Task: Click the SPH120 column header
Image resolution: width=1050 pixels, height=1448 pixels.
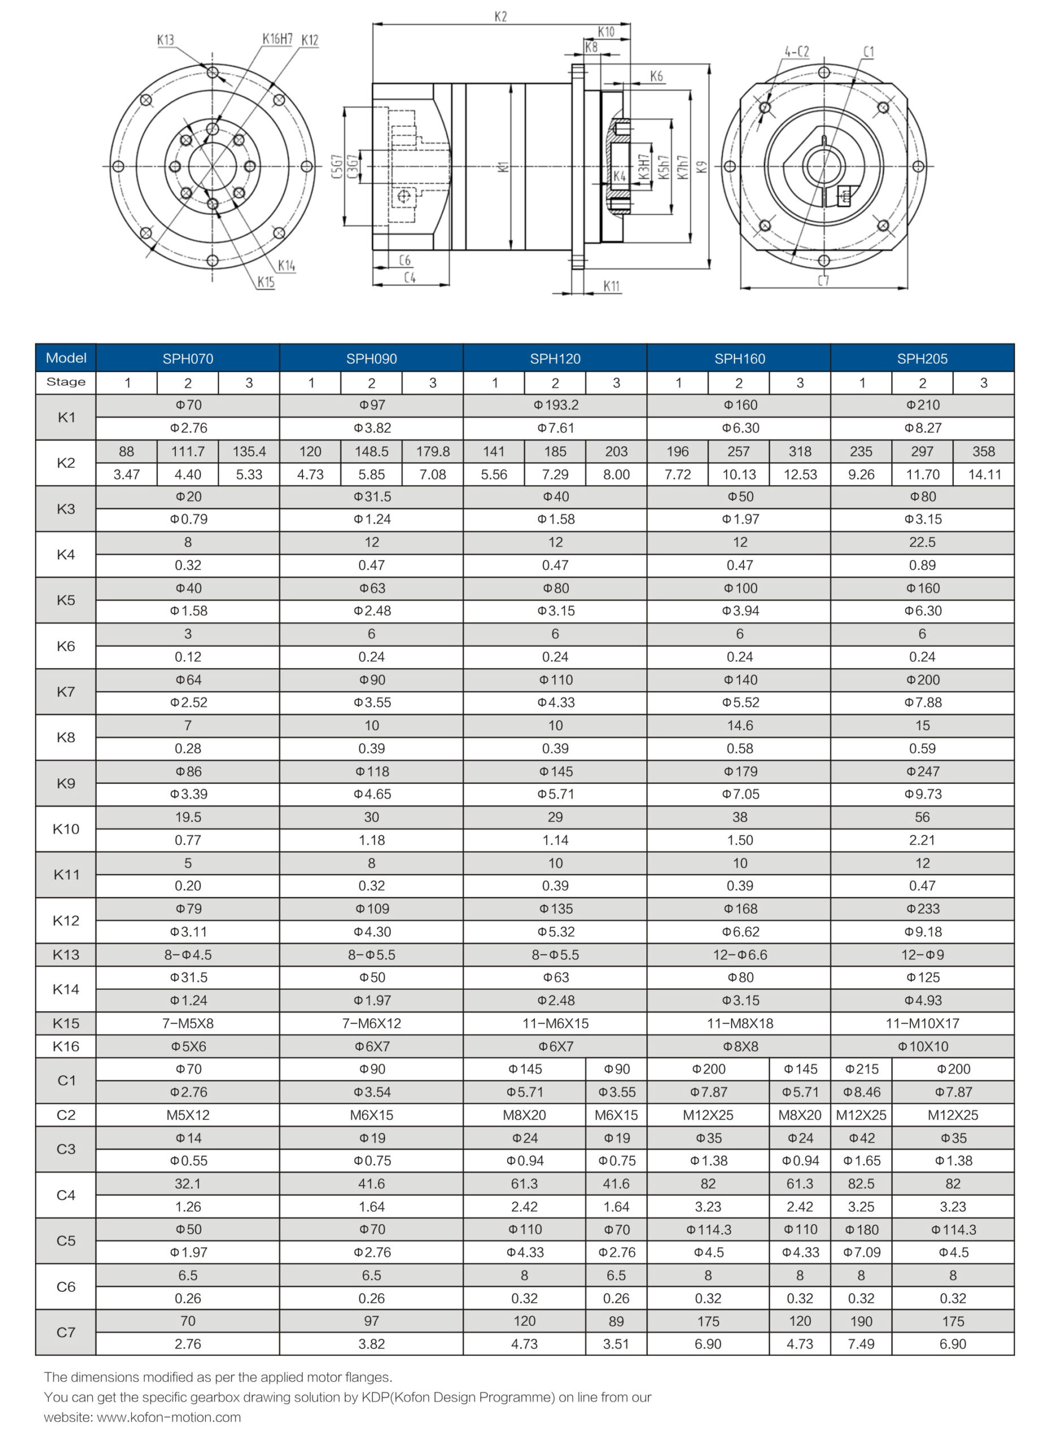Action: click(555, 358)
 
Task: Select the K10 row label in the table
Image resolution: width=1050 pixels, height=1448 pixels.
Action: click(66, 829)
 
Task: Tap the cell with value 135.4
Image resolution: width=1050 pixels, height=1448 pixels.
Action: click(249, 451)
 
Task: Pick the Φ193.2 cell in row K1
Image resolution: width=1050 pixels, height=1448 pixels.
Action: click(555, 405)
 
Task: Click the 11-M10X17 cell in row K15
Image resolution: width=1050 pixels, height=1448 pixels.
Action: click(922, 1023)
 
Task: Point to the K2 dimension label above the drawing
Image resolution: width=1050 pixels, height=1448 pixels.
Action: click(500, 16)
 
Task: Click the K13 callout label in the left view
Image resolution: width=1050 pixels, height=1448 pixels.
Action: click(165, 40)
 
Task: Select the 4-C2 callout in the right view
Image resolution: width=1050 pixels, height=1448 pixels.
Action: click(796, 51)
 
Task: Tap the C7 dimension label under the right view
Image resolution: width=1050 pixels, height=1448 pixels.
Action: click(823, 281)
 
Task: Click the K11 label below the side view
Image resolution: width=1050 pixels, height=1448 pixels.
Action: click(611, 286)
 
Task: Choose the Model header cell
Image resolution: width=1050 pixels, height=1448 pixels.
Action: click(66, 357)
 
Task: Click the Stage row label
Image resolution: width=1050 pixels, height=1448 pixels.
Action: click(66, 382)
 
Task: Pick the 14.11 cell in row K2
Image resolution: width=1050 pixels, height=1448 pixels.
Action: click(984, 475)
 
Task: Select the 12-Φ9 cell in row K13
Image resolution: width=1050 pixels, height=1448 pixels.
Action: click(922, 954)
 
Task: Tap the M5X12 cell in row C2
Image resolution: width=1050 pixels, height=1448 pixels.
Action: click(188, 1115)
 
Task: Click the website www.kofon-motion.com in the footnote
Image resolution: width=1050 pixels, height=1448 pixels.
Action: click(168, 1417)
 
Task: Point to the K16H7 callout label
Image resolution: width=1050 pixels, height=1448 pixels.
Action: click(277, 39)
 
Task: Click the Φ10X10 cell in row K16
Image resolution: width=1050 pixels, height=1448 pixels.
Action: click(922, 1046)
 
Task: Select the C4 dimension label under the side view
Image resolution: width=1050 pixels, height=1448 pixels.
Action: click(409, 278)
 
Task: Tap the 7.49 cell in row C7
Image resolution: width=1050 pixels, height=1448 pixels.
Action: click(861, 1344)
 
